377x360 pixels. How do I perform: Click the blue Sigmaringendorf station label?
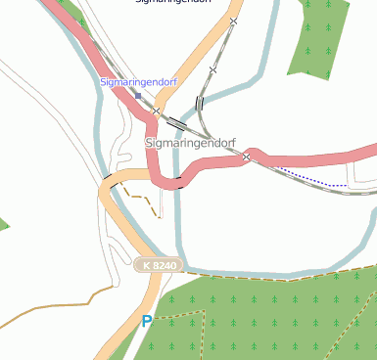138,82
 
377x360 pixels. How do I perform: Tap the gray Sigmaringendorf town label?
191,143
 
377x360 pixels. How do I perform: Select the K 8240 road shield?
157,265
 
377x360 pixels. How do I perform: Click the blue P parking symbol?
147,320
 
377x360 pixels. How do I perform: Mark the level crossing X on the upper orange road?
233,21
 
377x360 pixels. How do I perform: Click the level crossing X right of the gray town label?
247,156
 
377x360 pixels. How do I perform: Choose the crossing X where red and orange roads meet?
156,112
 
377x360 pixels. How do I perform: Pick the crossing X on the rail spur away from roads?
212,69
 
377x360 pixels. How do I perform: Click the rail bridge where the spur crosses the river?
200,102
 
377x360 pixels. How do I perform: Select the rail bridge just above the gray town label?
177,123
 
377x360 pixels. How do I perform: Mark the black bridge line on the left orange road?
107,179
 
